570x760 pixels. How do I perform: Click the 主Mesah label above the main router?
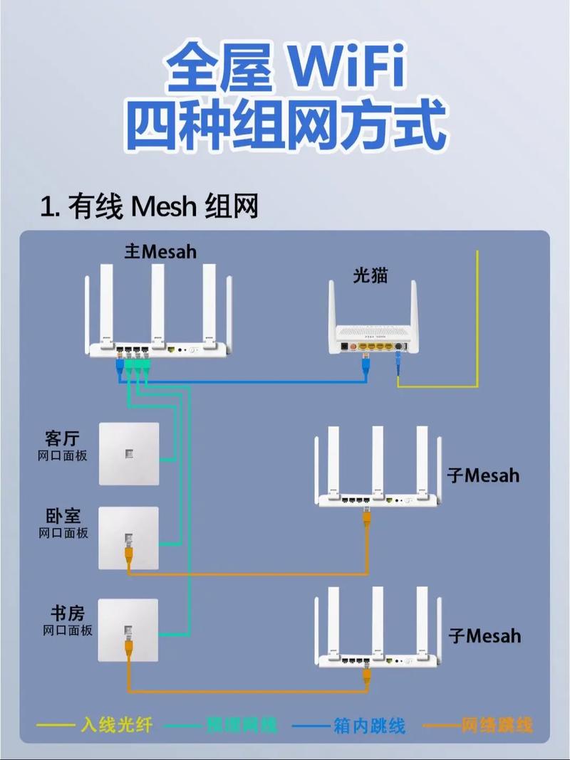[160, 252]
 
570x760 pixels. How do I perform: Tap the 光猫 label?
[370, 275]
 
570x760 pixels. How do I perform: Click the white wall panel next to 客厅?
[128, 453]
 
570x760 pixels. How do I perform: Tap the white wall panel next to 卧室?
[128, 538]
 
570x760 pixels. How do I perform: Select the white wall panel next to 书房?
[128, 630]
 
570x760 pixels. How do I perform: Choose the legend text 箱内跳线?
[369, 725]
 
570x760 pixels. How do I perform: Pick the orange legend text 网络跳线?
[497, 725]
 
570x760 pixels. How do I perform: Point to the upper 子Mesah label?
[484, 475]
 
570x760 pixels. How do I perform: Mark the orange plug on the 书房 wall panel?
[129, 648]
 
